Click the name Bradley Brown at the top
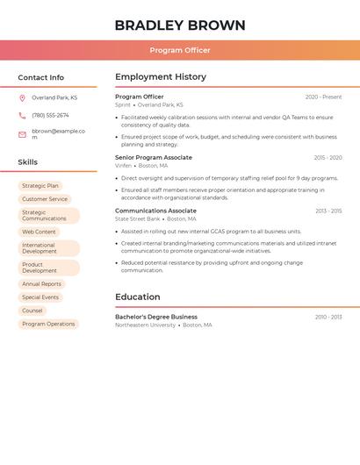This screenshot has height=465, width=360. click(x=180, y=25)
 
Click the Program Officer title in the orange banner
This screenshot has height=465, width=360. click(x=180, y=50)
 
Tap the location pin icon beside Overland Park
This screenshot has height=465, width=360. click(x=22, y=97)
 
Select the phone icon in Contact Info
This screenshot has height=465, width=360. click(x=22, y=115)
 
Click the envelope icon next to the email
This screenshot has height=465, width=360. click(x=22, y=134)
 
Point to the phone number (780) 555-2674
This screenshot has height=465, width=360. click(x=50, y=115)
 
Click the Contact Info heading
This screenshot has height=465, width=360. click(x=41, y=77)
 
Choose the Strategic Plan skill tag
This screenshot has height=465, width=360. click(x=40, y=186)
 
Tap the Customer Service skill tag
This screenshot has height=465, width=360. click(x=45, y=199)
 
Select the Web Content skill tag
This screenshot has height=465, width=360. click(x=39, y=232)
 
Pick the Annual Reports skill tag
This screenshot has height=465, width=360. click(x=41, y=284)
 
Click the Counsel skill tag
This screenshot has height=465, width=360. click(x=32, y=311)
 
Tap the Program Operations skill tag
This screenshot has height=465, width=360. click(x=48, y=324)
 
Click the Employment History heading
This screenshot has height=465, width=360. click(x=161, y=76)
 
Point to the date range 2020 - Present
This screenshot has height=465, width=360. click(x=323, y=97)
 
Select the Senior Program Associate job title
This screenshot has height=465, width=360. click(x=153, y=157)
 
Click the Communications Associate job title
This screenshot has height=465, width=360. click(x=155, y=211)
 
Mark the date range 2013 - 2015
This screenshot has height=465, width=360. click(x=328, y=211)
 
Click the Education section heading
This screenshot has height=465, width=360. click(x=138, y=297)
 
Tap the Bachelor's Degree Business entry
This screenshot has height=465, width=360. click(x=156, y=317)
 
